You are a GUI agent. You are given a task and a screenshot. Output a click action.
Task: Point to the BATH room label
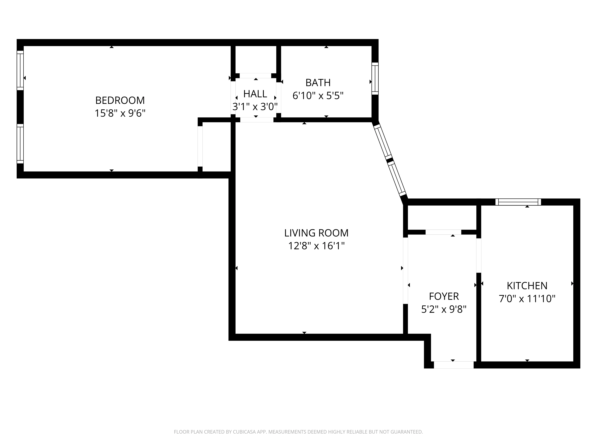[x=318, y=83]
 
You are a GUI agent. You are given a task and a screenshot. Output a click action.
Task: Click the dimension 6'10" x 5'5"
[x=318, y=96]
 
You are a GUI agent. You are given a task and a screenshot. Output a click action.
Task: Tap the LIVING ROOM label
[x=316, y=233]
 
